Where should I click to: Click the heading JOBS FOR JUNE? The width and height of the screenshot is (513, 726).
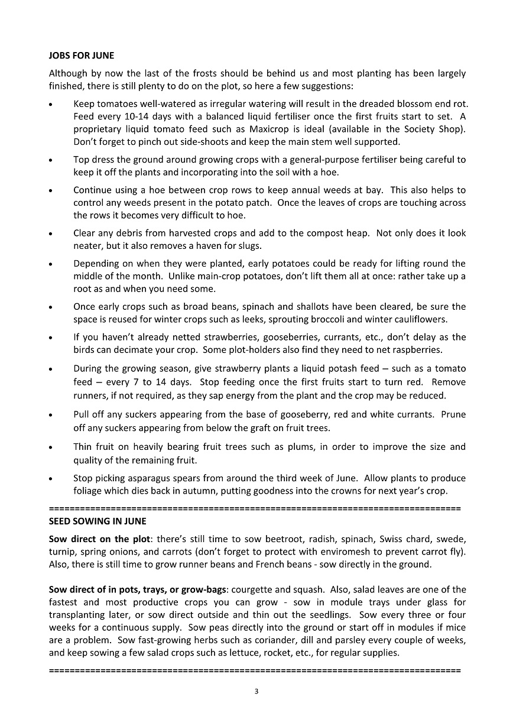tap(81, 56)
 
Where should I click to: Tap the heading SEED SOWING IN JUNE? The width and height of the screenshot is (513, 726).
tap(97, 521)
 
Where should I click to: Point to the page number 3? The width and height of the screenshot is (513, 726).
tap(256, 691)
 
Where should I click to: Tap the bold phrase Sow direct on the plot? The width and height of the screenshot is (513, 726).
tap(96, 539)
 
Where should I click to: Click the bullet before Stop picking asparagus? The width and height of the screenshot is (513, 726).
tap(52, 479)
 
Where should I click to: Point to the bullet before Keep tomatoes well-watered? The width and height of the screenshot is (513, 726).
tap(52, 105)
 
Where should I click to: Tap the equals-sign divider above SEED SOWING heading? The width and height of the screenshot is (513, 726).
tap(255, 507)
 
